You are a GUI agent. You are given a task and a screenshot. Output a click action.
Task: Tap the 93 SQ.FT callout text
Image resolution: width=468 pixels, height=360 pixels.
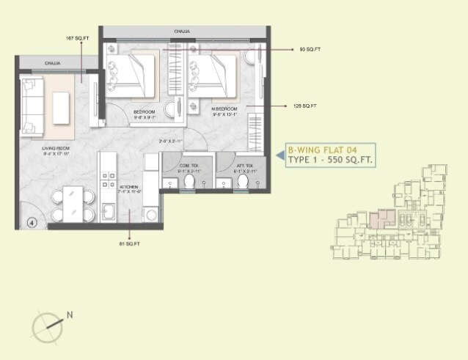pyautogui.click(x=310, y=50)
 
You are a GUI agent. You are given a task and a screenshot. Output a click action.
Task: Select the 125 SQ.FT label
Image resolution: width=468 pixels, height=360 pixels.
pyautogui.click(x=305, y=106)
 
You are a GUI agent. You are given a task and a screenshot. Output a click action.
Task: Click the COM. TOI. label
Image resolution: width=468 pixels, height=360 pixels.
pyautogui.click(x=189, y=166)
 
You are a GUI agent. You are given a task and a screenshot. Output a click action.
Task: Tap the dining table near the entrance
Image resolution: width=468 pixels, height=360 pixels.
pyautogui.click(x=72, y=203)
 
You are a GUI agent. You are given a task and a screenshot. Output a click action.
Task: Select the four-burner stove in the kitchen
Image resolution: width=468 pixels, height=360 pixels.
pyautogui.click(x=109, y=183)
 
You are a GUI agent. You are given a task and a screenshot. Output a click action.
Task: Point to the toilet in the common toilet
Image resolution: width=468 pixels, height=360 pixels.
pyautogui.click(x=189, y=181)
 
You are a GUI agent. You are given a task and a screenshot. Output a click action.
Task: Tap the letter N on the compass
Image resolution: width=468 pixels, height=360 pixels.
pyautogui.click(x=70, y=315)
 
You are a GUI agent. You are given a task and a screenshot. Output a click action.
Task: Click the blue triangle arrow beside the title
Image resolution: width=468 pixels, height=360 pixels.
pyautogui.click(x=279, y=155)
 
